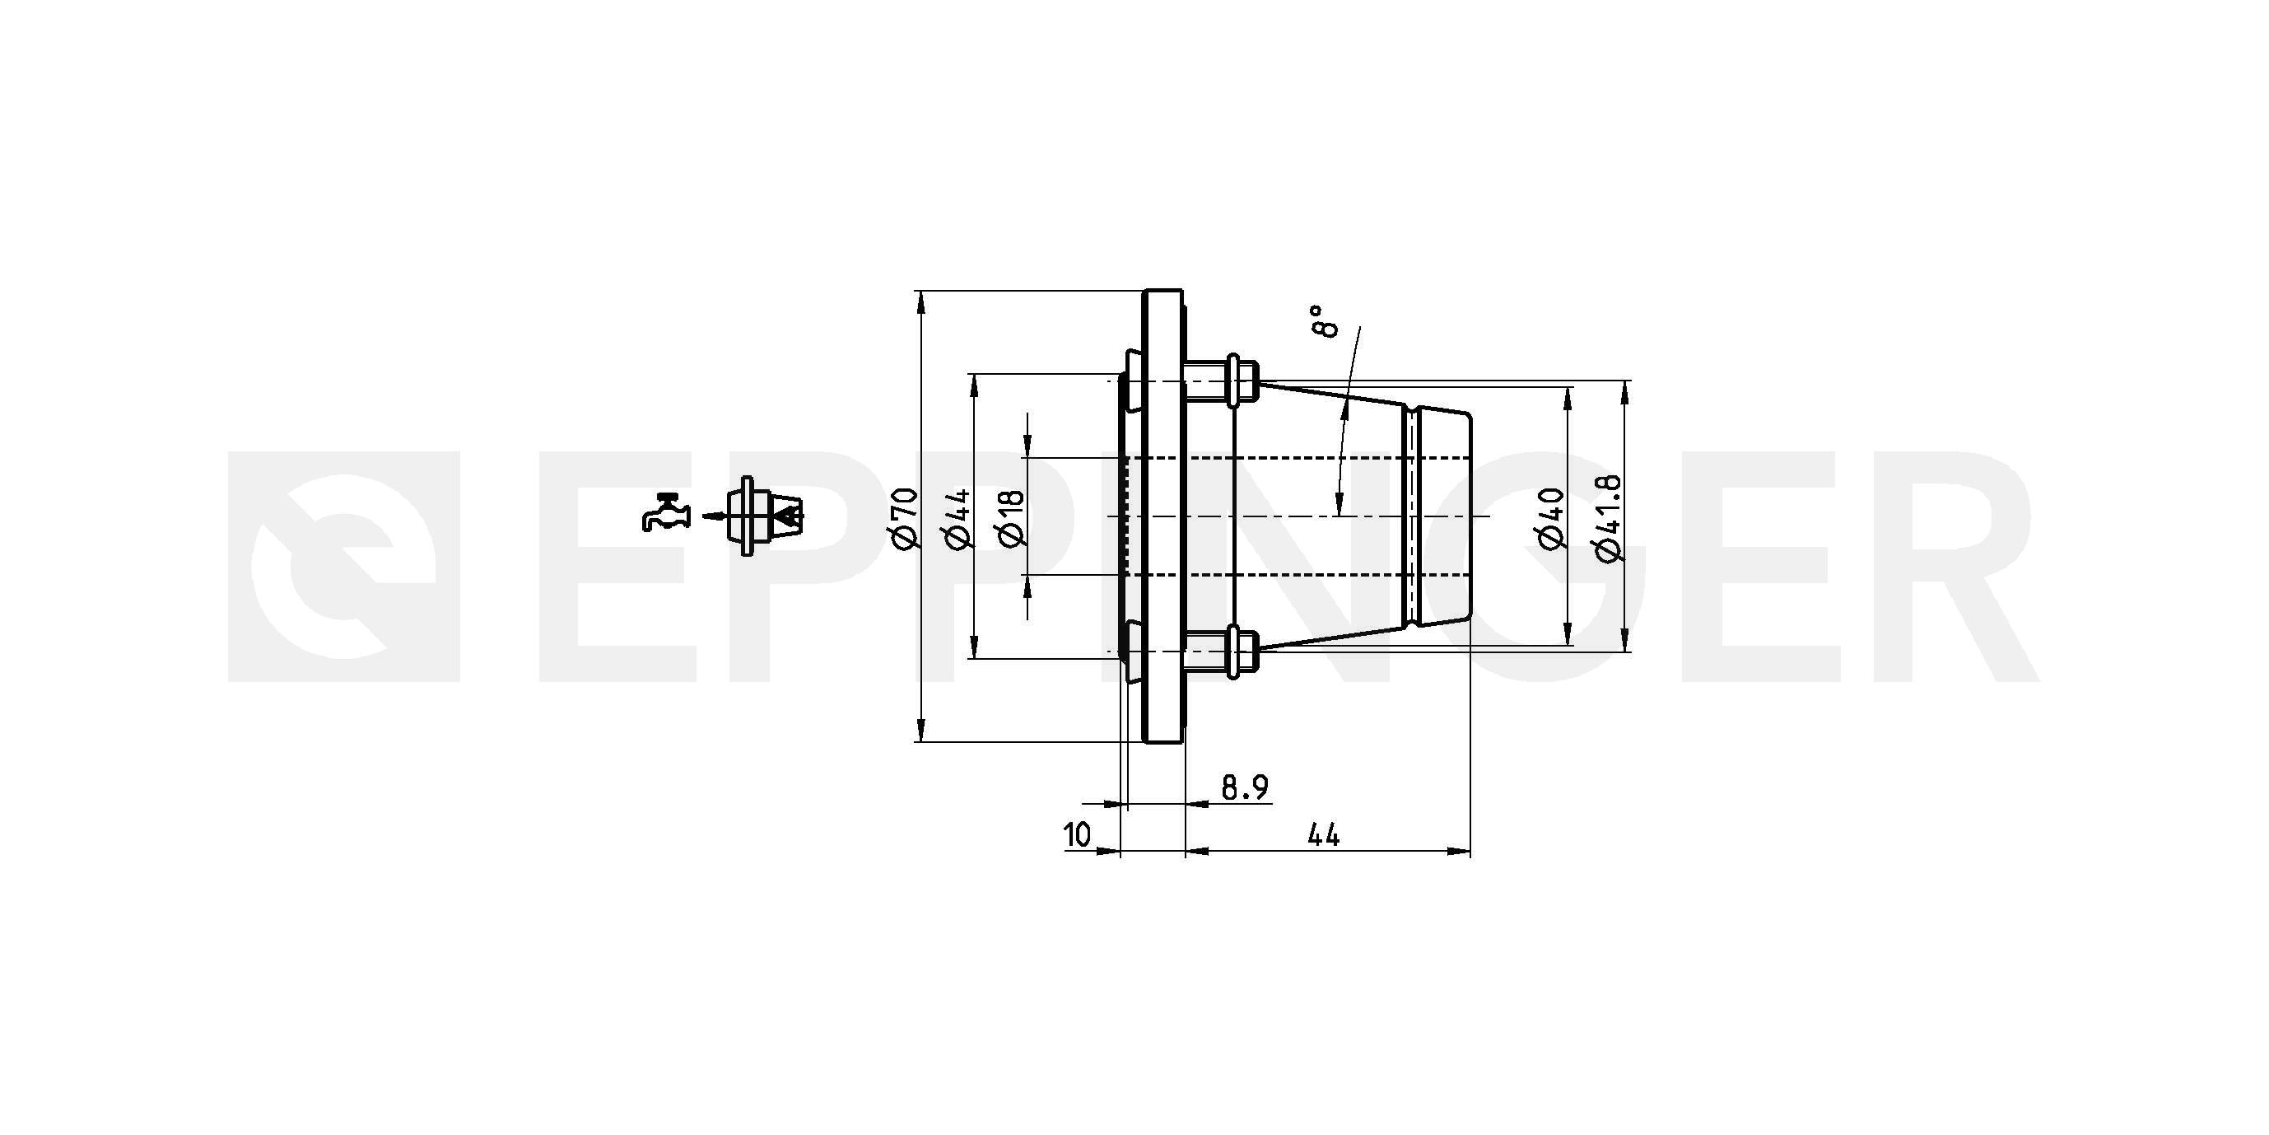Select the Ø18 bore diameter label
[x=1012, y=517]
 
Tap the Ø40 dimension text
[x=1553, y=517]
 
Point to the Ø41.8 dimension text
[x=1608, y=517]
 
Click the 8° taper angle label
[x=1323, y=322]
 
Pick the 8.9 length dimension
[x=1245, y=787]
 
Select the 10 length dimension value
[x=1077, y=834]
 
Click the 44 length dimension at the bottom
[x=1323, y=834]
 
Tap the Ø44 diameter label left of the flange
[x=958, y=517]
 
